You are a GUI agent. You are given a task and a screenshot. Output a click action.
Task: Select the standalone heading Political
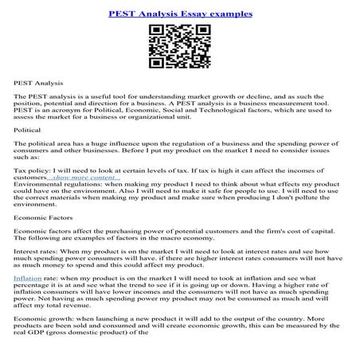pyautogui.click(x=28, y=129)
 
